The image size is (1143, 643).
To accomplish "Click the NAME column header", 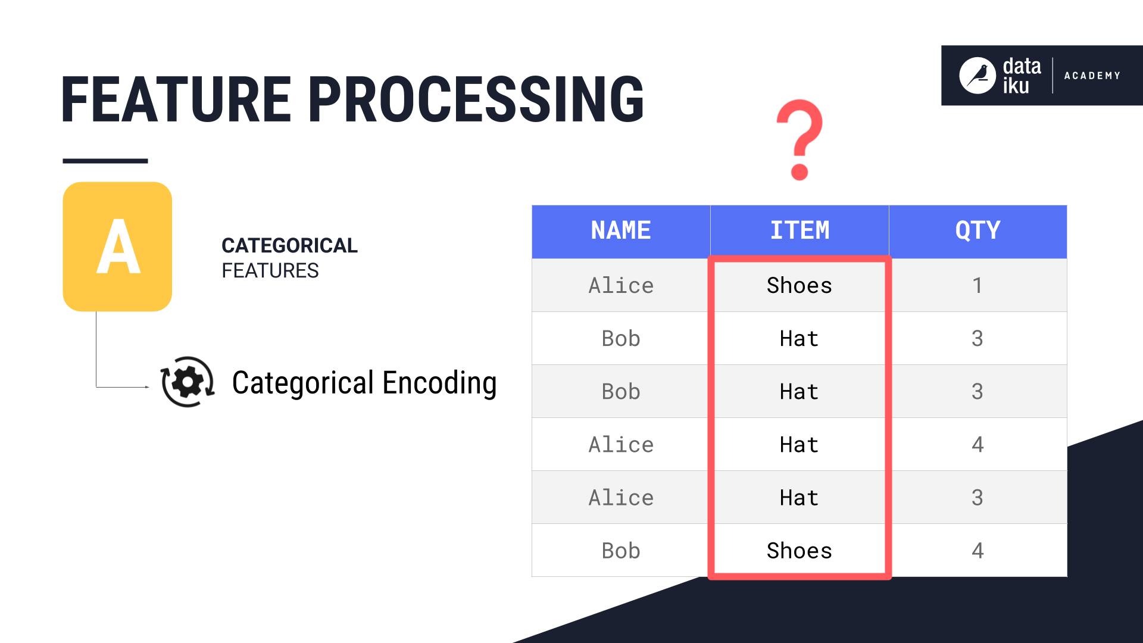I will coord(620,231).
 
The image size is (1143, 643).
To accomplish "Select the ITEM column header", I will coord(799,231).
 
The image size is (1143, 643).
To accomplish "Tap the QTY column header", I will coord(978,231).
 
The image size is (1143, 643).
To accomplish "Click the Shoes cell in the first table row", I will coord(799,286).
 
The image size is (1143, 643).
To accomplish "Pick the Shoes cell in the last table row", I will coord(799,551).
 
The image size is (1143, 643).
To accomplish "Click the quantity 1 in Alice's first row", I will coord(977,286).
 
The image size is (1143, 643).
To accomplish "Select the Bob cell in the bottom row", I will coord(620,551).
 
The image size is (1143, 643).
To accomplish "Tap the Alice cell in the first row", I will coord(620,286).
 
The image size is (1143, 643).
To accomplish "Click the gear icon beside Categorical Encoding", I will coord(188,382).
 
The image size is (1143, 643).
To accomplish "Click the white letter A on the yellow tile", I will coord(118,246).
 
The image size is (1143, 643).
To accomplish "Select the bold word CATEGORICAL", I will coord(289,245).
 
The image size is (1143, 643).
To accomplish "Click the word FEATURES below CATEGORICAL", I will coord(270,271).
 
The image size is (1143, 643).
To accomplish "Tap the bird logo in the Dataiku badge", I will coord(977,76).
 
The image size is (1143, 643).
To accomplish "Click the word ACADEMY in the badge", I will coord(1092,76).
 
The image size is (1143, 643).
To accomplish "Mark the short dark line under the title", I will coord(105,161).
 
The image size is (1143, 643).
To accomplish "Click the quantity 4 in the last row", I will coord(977,551).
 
